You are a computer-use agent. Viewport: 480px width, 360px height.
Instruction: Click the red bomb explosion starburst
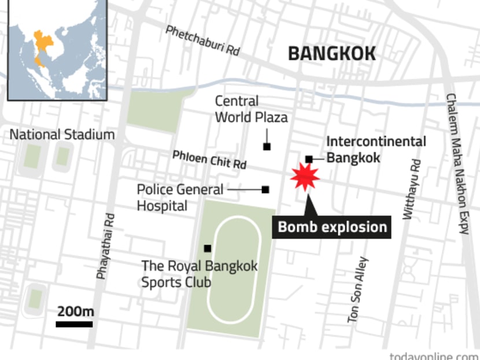pos(305,177)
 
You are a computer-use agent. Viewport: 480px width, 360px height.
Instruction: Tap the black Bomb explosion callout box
pos(332,226)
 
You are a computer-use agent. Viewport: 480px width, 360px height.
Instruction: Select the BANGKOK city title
pos(332,54)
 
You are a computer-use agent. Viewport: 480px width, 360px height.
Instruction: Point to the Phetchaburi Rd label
pos(202,40)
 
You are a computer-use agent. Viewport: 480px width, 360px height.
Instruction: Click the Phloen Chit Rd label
pos(209,160)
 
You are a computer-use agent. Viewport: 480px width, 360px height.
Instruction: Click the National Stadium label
pos(62,135)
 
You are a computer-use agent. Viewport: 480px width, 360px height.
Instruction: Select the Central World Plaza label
pos(251,109)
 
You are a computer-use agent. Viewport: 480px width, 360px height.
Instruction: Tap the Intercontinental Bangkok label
pos(376,149)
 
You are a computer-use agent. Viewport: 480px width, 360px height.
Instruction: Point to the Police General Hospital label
pos(180,197)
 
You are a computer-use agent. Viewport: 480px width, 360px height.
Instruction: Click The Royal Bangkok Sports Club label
pos(200,274)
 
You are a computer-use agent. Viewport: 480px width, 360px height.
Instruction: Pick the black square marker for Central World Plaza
pos(267,146)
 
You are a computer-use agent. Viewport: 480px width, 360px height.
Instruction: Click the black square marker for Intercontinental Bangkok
pos(309,159)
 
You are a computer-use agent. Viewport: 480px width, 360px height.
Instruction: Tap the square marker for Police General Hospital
pos(265,189)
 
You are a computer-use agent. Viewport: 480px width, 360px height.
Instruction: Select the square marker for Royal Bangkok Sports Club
pos(207,248)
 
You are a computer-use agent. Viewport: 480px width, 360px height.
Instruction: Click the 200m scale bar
pos(75,324)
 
